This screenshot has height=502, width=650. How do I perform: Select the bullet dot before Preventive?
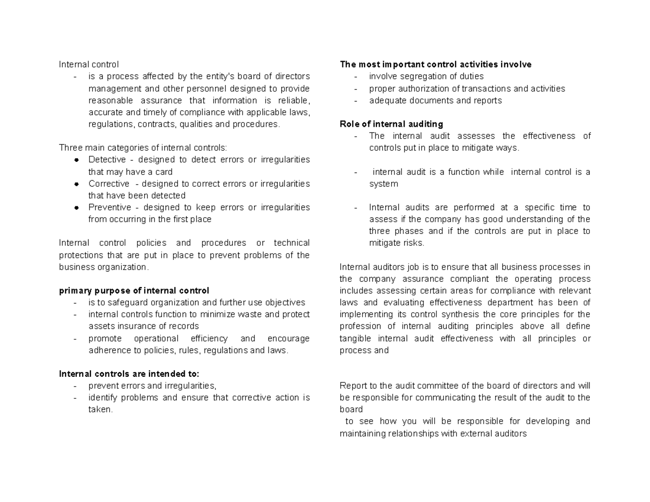pyautogui.click(x=77, y=207)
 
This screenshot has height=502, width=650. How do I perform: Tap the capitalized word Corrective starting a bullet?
pyautogui.click(x=109, y=184)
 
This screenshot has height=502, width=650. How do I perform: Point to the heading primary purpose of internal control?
pyautogui.click(x=134, y=291)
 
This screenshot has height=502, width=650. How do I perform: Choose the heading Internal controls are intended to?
pyautogui.click(x=129, y=374)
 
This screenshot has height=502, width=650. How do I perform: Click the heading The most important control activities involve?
pyautogui.click(x=435, y=64)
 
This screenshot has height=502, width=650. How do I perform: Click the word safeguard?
pyautogui.click(x=120, y=303)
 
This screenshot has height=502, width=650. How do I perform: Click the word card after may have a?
pyautogui.click(x=164, y=172)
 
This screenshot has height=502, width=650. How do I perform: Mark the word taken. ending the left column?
pyautogui.click(x=101, y=410)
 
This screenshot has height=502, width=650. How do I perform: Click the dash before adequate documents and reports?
pyautogui.click(x=356, y=101)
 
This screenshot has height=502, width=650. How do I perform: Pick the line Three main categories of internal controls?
pyautogui.click(x=143, y=148)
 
